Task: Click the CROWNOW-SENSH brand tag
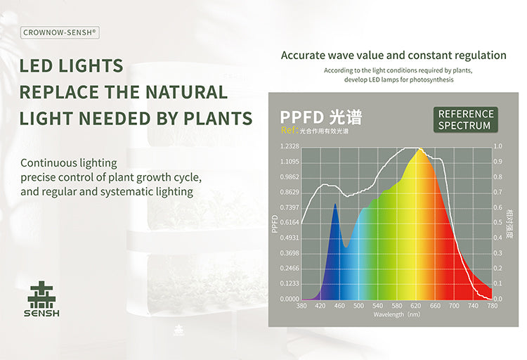coord(60,32)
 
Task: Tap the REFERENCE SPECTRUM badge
coord(465,120)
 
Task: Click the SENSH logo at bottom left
coord(42,299)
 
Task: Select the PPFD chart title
coord(320,117)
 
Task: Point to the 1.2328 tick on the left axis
coord(289,146)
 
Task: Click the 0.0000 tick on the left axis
coord(289,299)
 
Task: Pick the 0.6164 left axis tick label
coord(289,222)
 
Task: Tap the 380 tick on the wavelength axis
coord(301,307)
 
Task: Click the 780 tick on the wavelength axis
coord(492,307)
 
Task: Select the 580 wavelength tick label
coord(397,307)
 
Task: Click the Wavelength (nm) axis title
coord(397,315)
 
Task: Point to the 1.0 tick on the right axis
coord(498,146)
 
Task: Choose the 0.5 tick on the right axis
coord(498,222)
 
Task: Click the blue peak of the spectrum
coord(335,205)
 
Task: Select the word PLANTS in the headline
coord(217,118)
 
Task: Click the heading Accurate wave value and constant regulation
coord(393,55)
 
